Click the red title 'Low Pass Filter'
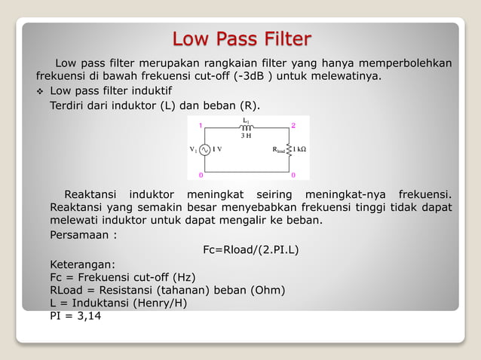point(240,38)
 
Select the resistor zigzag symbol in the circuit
point(291,149)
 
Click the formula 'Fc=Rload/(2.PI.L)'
point(251,249)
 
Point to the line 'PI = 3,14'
point(75,316)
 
